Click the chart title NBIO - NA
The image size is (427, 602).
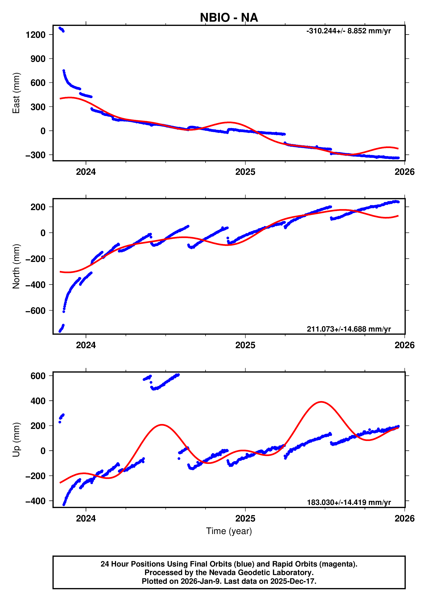(229, 18)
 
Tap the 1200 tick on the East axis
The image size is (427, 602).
(35, 35)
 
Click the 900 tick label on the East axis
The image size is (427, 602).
(38, 59)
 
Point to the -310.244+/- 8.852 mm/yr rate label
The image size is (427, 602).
(348, 31)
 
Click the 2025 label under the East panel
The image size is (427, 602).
(245, 172)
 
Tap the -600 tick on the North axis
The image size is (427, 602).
(35, 311)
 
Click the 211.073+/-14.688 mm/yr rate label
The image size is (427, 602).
(349, 329)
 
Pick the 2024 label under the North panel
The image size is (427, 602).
(86, 345)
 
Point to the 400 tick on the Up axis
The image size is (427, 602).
(38, 401)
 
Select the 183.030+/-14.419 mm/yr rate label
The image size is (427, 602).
(349, 502)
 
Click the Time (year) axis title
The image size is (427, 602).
(229, 531)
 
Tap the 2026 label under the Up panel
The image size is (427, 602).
(404, 518)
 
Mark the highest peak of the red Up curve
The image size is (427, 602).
(321, 402)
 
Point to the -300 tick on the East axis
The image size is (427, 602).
(35, 155)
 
